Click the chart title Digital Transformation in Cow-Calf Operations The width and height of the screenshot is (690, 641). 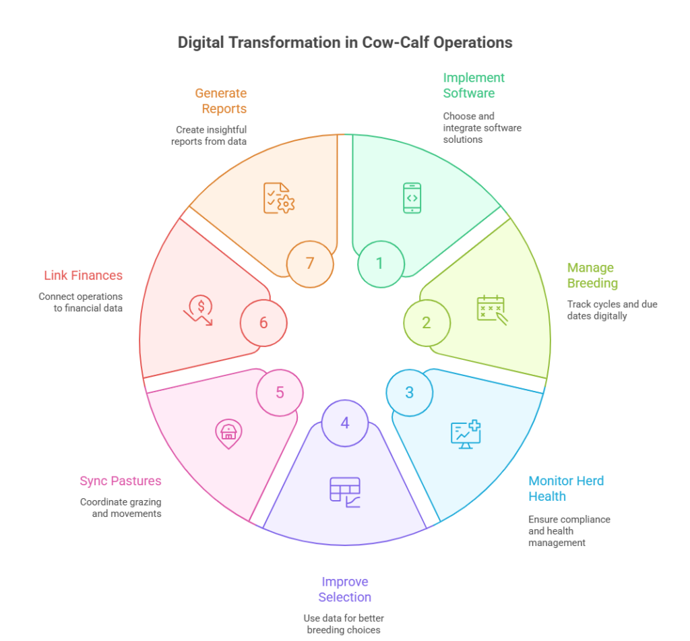[x=345, y=42]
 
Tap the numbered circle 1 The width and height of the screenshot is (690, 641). [x=380, y=264]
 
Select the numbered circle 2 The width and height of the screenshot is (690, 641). [x=427, y=323]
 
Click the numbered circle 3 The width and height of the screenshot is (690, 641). [x=409, y=393]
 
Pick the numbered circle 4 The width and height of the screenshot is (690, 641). [x=345, y=423]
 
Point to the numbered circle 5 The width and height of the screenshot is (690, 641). [x=280, y=392]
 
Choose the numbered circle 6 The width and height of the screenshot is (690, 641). [x=263, y=323]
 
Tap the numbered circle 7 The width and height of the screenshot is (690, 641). [x=310, y=264]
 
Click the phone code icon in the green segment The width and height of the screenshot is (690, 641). [x=412, y=198]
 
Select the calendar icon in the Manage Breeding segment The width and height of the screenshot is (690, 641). [x=491, y=308]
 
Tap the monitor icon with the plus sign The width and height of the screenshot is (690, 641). [x=466, y=434]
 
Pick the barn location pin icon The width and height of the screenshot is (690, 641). [x=228, y=433]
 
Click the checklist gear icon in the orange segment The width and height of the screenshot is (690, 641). [x=278, y=199]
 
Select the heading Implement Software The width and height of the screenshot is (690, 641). [x=473, y=85]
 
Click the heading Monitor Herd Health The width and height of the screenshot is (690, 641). [x=565, y=489]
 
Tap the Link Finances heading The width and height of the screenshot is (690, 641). [x=84, y=275]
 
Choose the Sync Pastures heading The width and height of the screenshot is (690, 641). [x=121, y=481]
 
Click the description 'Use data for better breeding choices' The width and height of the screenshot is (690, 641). [x=345, y=624]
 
